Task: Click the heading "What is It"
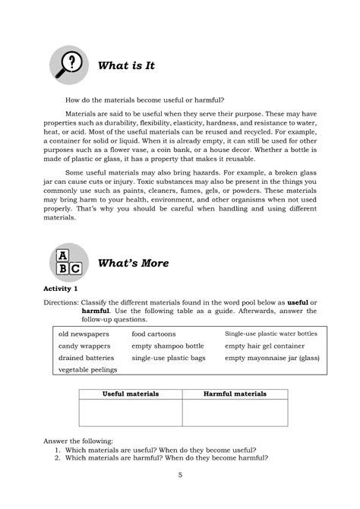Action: click(x=127, y=66)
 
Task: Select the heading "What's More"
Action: click(x=133, y=264)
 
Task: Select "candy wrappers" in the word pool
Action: click(x=83, y=346)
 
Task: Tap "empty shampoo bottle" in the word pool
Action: click(x=167, y=346)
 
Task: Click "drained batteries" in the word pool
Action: click(x=86, y=357)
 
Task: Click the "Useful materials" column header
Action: click(x=131, y=395)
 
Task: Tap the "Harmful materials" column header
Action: click(x=235, y=395)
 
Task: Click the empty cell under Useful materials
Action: click(x=131, y=413)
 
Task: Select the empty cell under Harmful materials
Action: click(x=235, y=413)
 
